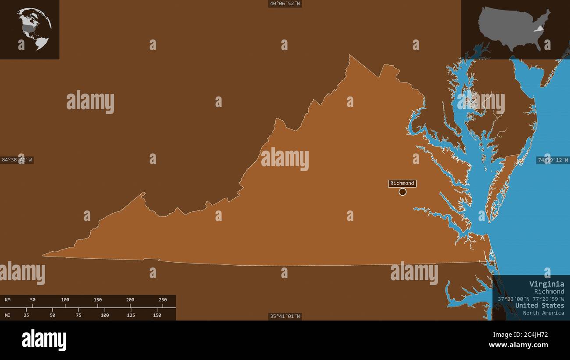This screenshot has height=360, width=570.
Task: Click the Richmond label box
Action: [x=402, y=183]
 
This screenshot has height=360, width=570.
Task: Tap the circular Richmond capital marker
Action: [x=403, y=192]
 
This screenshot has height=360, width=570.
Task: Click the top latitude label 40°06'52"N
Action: [x=285, y=4]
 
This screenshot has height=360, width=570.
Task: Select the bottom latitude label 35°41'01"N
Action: [x=285, y=316]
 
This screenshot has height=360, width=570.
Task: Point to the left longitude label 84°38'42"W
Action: [x=17, y=160]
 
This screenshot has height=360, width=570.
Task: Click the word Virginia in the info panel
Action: [x=546, y=284]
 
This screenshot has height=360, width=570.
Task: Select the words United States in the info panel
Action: [x=539, y=305]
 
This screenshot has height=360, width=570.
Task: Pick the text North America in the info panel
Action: [x=543, y=313]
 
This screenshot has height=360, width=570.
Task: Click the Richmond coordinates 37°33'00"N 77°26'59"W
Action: [x=531, y=299]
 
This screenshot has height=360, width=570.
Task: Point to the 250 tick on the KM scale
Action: [x=163, y=300]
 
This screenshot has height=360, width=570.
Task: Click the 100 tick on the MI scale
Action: [x=105, y=315]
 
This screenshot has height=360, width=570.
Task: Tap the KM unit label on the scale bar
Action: [x=8, y=300]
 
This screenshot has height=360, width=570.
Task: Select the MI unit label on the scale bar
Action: [x=8, y=315]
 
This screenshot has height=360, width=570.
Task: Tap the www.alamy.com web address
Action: [x=518, y=345]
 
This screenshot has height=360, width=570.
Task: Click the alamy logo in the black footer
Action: [x=44, y=340]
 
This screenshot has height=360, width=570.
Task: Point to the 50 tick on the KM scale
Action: [x=33, y=300]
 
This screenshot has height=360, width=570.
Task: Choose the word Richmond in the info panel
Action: [x=549, y=291]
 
